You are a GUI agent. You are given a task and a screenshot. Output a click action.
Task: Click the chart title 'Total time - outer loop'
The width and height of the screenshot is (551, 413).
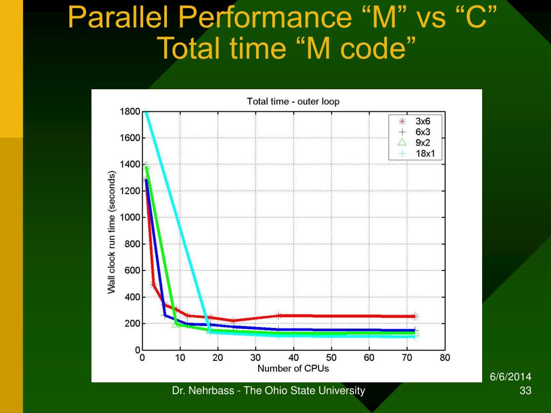(x=293, y=101)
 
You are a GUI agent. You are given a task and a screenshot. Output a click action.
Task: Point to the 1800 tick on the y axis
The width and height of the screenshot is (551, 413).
(x=130, y=112)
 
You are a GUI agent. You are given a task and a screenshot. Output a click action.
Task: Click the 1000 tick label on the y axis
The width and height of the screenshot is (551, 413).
(x=130, y=218)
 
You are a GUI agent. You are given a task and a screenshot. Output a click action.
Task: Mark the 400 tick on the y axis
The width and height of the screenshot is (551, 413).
(x=132, y=297)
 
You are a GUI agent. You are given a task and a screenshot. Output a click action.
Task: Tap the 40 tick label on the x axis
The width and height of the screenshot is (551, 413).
(x=293, y=358)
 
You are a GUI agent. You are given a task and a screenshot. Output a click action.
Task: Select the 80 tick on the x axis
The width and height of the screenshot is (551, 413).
(x=444, y=358)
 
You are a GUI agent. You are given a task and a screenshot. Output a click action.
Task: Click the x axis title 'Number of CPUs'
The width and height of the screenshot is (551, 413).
(x=293, y=369)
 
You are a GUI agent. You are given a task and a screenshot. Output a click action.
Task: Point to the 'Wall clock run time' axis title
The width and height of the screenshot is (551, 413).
(x=112, y=232)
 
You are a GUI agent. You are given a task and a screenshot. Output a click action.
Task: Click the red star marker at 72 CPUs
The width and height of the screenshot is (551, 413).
(x=415, y=316)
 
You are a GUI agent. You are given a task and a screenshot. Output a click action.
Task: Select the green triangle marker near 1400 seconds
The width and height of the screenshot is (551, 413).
(x=146, y=165)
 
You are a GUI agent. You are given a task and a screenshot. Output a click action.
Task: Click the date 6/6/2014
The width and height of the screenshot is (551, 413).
(x=511, y=378)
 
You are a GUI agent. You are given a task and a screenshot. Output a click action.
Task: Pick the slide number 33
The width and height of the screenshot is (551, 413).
(x=526, y=391)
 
